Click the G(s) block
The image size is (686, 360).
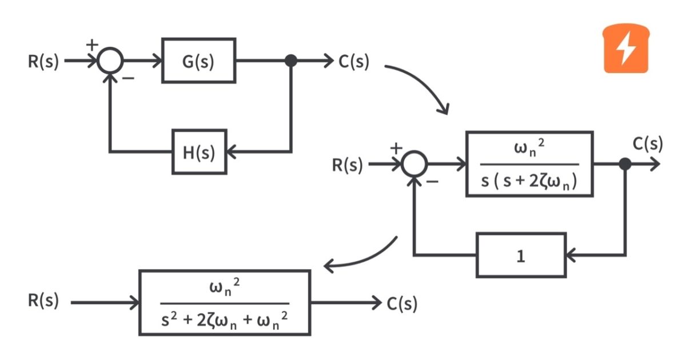pos(198,61)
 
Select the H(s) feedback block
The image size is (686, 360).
pos(200,152)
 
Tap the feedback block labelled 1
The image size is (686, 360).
pos(520,255)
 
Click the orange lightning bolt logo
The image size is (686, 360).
pos(627,50)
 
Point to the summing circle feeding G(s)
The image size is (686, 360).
pos(110,61)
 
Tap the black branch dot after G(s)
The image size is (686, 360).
pos(291,61)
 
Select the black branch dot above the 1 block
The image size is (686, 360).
pos(625,165)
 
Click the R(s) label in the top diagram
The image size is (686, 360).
pos(43,61)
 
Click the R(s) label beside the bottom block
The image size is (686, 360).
pos(43,301)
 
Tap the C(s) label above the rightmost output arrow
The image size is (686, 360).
pos(647,144)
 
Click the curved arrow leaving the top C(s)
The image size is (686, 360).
pos(423,83)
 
